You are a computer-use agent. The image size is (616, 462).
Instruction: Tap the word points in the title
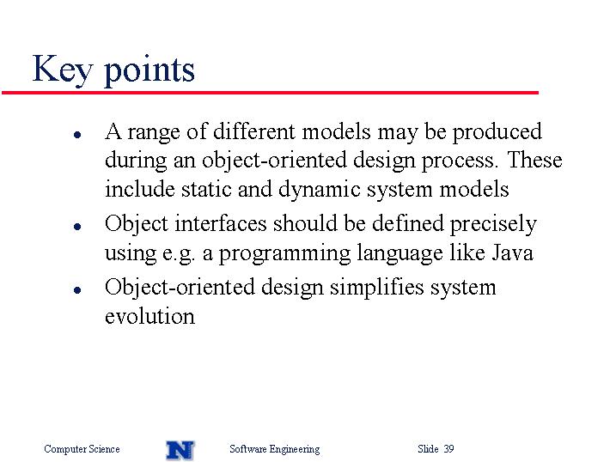pyautogui.click(x=149, y=70)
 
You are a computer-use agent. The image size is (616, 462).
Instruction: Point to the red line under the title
pyautogui.click(x=270, y=93)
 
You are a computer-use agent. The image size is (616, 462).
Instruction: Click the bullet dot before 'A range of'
pyautogui.click(x=77, y=135)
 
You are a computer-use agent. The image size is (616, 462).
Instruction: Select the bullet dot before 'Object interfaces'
pyautogui.click(x=77, y=227)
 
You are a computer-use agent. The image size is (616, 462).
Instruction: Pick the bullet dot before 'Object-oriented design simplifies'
pyautogui.click(x=77, y=290)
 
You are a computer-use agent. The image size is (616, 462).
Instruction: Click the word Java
pyautogui.click(x=513, y=252)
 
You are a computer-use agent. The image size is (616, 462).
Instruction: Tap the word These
pyautogui.click(x=534, y=160)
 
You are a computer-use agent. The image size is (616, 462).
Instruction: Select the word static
pyautogui.click(x=206, y=189)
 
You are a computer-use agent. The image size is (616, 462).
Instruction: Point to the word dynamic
pyautogui.click(x=320, y=191)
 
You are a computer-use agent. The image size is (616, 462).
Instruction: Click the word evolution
pyautogui.click(x=149, y=316)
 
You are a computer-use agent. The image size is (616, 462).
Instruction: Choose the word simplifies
pyautogui.click(x=377, y=289)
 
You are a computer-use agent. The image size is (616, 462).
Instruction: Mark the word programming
pyautogui.click(x=284, y=254)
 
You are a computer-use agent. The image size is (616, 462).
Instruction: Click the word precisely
pyautogui.click(x=493, y=225)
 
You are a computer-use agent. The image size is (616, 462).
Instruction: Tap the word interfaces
pyautogui.click(x=221, y=223)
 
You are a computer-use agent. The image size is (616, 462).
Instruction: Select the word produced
pyautogui.click(x=497, y=132)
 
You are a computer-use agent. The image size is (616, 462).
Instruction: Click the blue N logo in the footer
pyautogui.click(x=180, y=450)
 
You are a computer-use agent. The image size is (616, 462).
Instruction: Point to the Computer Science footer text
pyautogui.click(x=82, y=449)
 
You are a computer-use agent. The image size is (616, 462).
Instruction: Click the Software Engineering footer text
pyautogui.click(x=275, y=449)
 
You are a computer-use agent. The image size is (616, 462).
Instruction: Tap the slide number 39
pyautogui.click(x=449, y=448)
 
